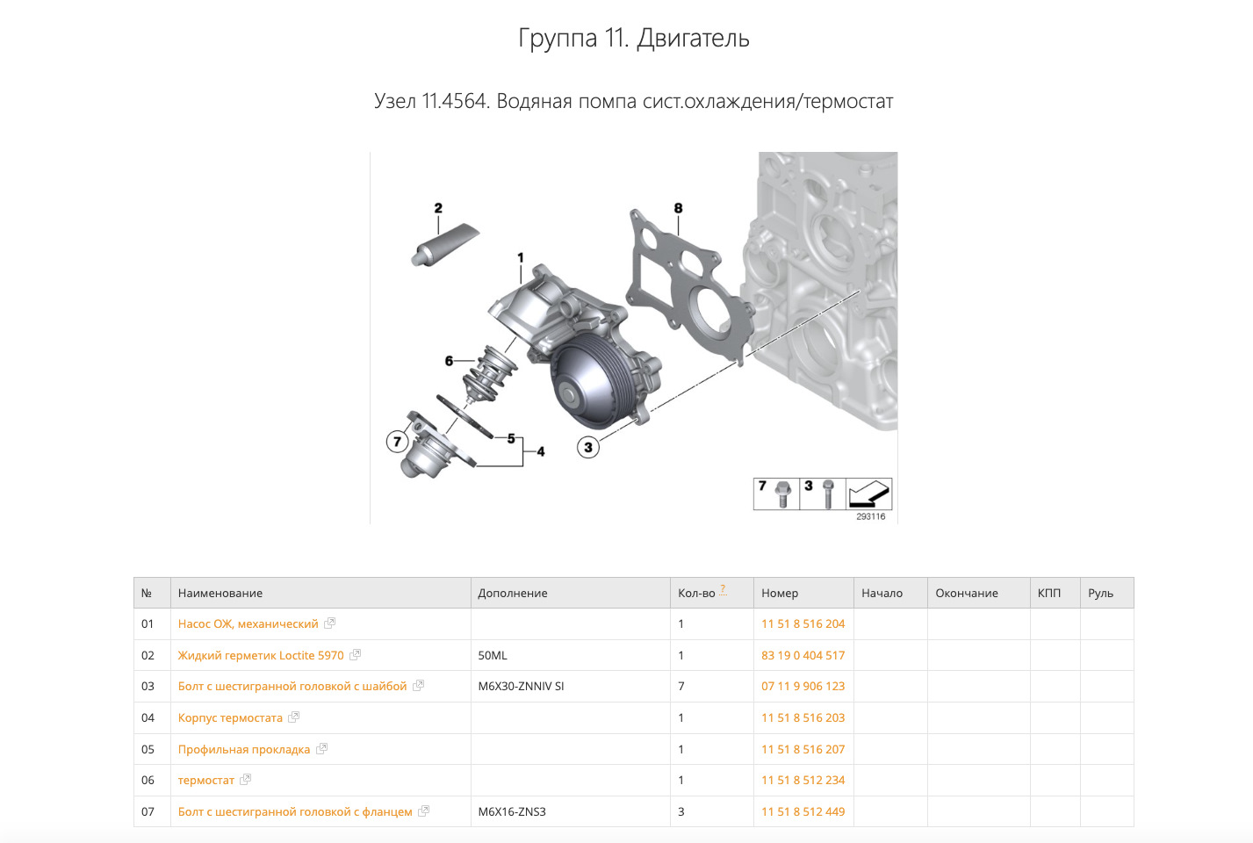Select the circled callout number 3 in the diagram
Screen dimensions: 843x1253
point(587,447)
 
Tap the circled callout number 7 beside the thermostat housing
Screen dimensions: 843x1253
point(397,442)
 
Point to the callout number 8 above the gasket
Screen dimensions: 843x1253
point(678,208)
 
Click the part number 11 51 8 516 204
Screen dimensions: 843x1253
point(803,624)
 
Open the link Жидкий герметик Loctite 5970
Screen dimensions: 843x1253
point(261,656)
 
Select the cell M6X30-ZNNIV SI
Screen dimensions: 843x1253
point(521,687)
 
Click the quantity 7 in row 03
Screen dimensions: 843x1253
point(681,687)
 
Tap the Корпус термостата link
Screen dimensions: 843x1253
point(230,718)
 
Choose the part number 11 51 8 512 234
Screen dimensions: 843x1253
point(803,781)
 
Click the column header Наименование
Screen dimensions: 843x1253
point(220,594)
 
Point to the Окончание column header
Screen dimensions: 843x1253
point(966,594)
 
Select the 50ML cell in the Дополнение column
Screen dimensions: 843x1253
point(493,656)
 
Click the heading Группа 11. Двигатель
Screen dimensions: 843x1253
point(633,39)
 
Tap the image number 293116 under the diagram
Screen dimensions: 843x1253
point(870,517)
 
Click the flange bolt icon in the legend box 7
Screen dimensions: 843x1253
point(782,494)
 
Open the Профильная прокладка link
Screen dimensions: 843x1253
point(244,750)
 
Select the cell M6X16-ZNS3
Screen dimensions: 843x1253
point(512,812)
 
